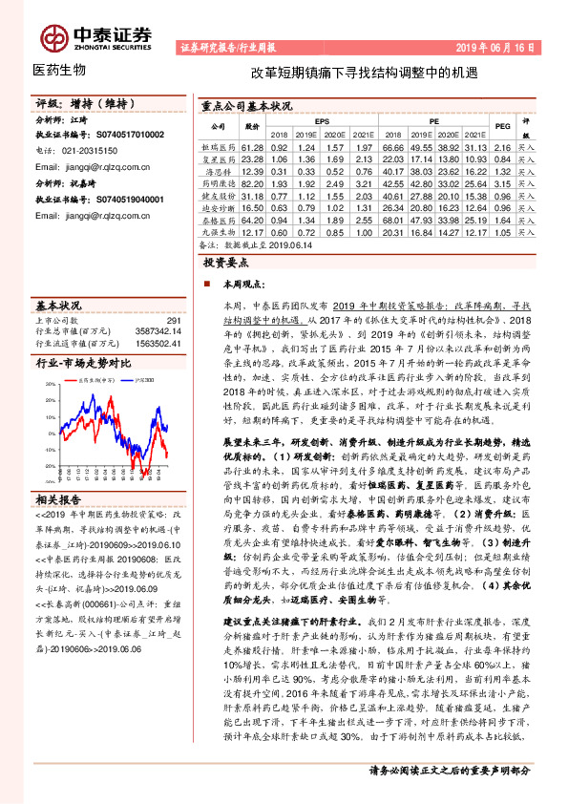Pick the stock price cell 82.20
click(252, 182)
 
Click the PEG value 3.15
click(503, 182)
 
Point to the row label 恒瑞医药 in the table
click(218, 148)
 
